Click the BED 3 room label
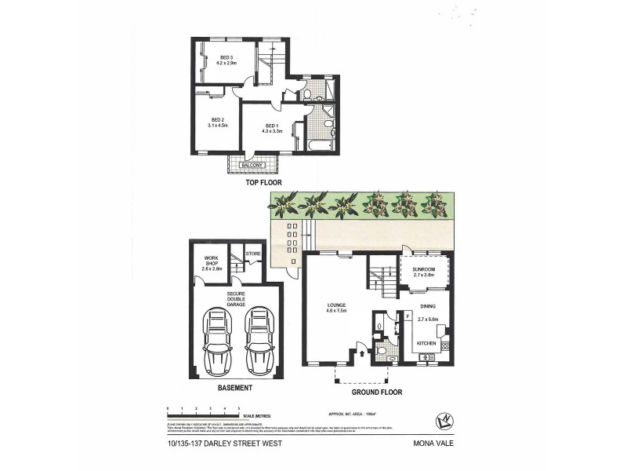[x=227, y=57]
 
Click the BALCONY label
[x=254, y=165]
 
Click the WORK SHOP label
[x=212, y=261]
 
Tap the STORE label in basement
[x=253, y=254]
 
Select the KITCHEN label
[x=426, y=344]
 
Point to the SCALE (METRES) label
[x=259, y=416]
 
